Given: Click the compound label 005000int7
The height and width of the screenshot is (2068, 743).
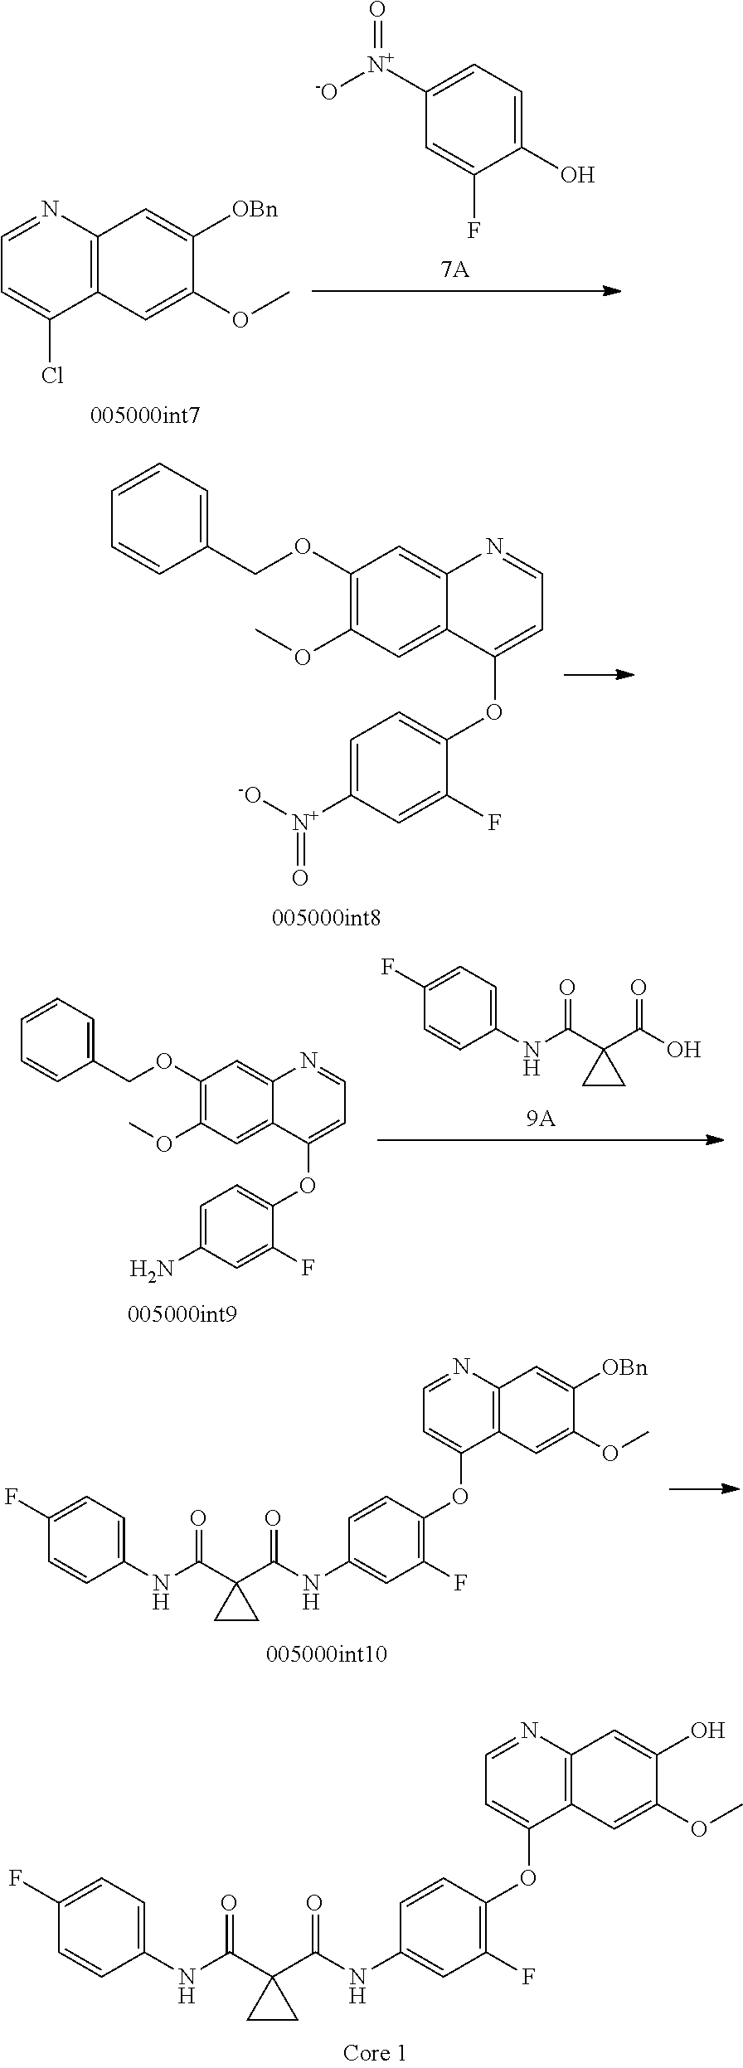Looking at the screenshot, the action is tap(145, 415).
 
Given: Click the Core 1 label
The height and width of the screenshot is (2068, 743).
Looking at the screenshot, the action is tap(375, 2046).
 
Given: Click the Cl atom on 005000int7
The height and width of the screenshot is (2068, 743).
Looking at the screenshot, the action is tap(51, 376).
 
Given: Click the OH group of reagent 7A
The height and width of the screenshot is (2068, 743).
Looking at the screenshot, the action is tap(577, 174).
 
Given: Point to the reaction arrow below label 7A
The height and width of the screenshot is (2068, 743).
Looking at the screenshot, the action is tap(466, 290).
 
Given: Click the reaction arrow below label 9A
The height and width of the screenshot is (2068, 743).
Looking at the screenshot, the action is tap(551, 1140).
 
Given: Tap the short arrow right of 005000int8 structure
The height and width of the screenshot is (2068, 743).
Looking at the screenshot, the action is tap(599, 674).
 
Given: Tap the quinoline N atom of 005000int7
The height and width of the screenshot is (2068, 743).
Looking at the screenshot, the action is tap(51, 209).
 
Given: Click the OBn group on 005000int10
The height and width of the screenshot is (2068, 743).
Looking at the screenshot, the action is tap(624, 1367).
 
